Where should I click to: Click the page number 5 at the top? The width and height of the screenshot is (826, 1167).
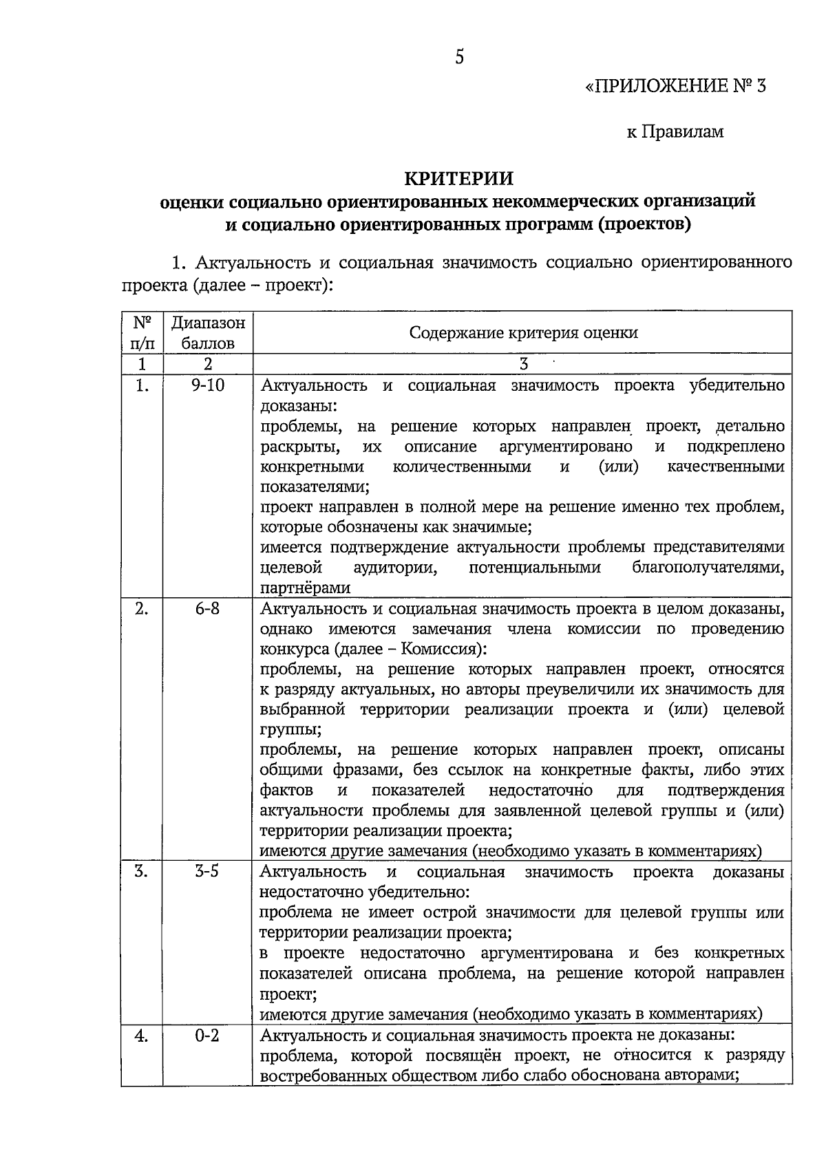click(x=459, y=56)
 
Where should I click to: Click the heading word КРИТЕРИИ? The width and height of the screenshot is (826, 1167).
click(x=458, y=178)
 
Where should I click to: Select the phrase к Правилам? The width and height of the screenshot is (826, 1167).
click(x=675, y=131)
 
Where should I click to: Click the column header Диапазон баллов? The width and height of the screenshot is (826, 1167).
click(x=208, y=332)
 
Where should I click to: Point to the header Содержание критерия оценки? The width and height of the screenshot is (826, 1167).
click(x=523, y=333)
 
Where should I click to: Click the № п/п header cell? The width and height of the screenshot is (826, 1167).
click(x=142, y=332)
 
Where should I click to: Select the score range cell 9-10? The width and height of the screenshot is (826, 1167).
click(x=208, y=385)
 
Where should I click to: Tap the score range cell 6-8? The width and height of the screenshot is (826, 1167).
click(x=207, y=609)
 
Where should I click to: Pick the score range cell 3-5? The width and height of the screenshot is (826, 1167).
click(x=207, y=872)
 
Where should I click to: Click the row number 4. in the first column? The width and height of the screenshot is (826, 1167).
click(x=142, y=1035)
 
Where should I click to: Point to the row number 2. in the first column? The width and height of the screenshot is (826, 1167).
click(x=141, y=609)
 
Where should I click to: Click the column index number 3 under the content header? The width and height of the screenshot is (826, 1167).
click(x=524, y=364)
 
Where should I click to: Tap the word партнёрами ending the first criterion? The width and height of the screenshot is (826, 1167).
click(x=305, y=588)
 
